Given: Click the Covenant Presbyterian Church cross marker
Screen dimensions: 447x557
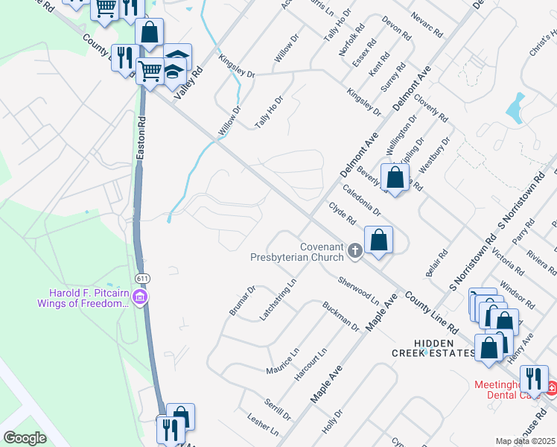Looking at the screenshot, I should [x=354, y=251].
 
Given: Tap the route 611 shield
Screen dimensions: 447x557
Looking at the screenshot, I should [x=140, y=278].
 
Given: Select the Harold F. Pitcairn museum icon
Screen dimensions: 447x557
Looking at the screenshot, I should [x=139, y=298].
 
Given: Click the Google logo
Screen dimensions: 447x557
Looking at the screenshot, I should [x=25, y=438].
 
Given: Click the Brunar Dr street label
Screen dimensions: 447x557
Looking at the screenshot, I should [x=242, y=300].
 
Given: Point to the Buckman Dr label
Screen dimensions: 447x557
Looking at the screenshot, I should [x=340, y=316].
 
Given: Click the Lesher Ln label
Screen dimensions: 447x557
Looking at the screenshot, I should [x=263, y=425].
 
